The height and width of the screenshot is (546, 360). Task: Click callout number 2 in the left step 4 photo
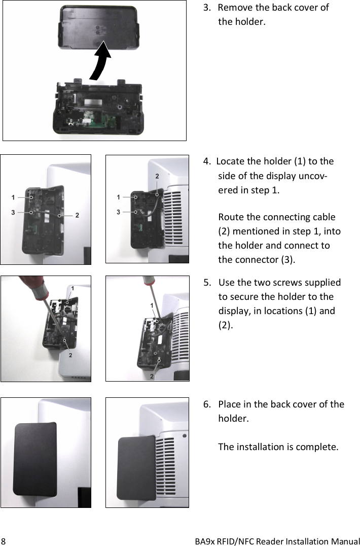(77, 215)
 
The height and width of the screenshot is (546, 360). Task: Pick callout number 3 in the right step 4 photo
(118, 212)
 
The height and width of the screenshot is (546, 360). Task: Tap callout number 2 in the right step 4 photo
(157, 176)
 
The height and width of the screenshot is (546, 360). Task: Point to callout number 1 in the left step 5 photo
(73, 288)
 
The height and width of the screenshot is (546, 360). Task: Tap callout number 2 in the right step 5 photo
(151, 376)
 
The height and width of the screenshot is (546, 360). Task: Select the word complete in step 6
(315, 447)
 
